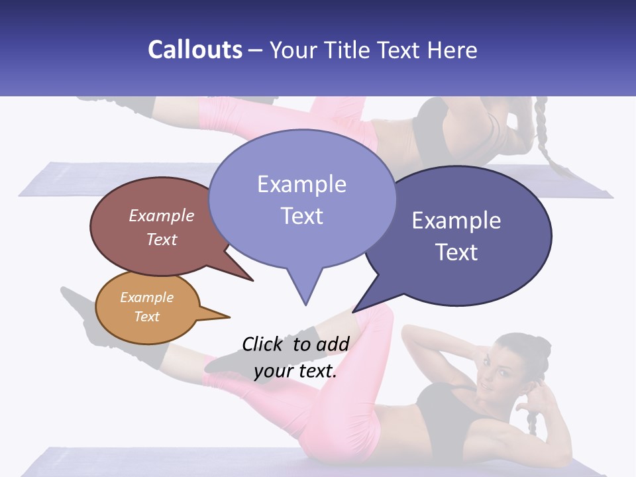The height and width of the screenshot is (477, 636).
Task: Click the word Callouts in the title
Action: [195, 50]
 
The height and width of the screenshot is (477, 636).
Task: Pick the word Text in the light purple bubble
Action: [301, 216]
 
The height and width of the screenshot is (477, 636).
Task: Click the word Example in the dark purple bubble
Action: [456, 220]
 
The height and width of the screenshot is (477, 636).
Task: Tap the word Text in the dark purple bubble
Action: [456, 252]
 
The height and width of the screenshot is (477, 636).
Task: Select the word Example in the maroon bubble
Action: [161, 215]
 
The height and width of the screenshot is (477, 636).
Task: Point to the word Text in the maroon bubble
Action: [161, 239]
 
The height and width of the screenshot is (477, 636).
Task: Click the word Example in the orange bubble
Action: [146, 297]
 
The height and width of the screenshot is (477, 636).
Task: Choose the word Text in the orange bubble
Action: [146, 317]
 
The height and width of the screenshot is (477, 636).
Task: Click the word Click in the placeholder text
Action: [264, 344]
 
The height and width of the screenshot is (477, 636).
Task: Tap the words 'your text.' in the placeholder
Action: [295, 371]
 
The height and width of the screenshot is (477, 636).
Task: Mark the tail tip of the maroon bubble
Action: [252, 280]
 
